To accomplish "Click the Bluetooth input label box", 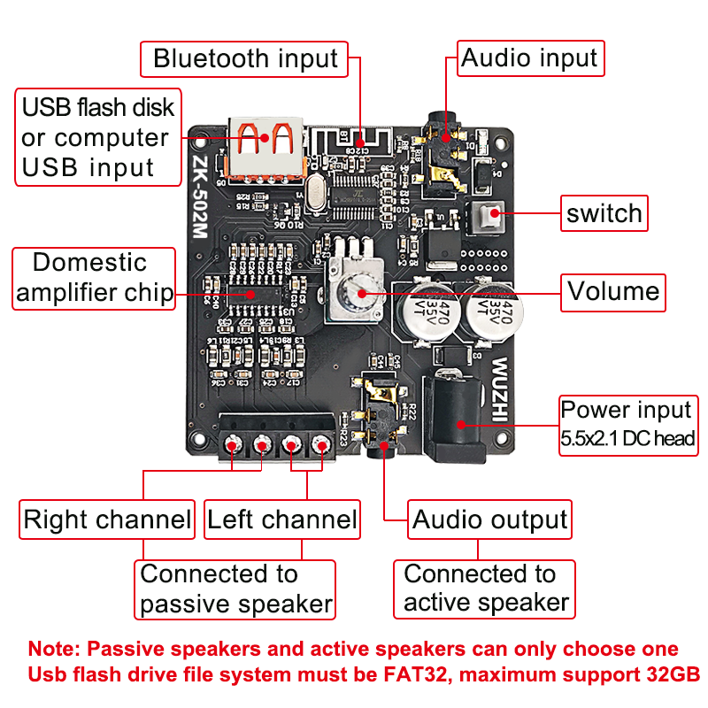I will pyautogui.click(x=244, y=59).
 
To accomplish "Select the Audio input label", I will pyautogui.click(x=529, y=58).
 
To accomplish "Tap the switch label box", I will pyautogui.click(x=604, y=213).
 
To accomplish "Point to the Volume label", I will pyautogui.click(x=613, y=291).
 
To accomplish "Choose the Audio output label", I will pyautogui.click(x=489, y=519).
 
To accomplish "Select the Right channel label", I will pyautogui.click(x=106, y=519).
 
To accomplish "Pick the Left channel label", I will pyautogui.click(x=281, y=519).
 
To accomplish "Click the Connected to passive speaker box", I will pyautogui.click(x=235, y=589).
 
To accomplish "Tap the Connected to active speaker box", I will pyautogui.click(x=485, y=589).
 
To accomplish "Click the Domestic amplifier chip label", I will pyautogui.click(x=93, y=279).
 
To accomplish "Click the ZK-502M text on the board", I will pyautogui.click(x=199, y=198).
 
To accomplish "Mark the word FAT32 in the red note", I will pyautogui.click(x=434, y=673).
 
